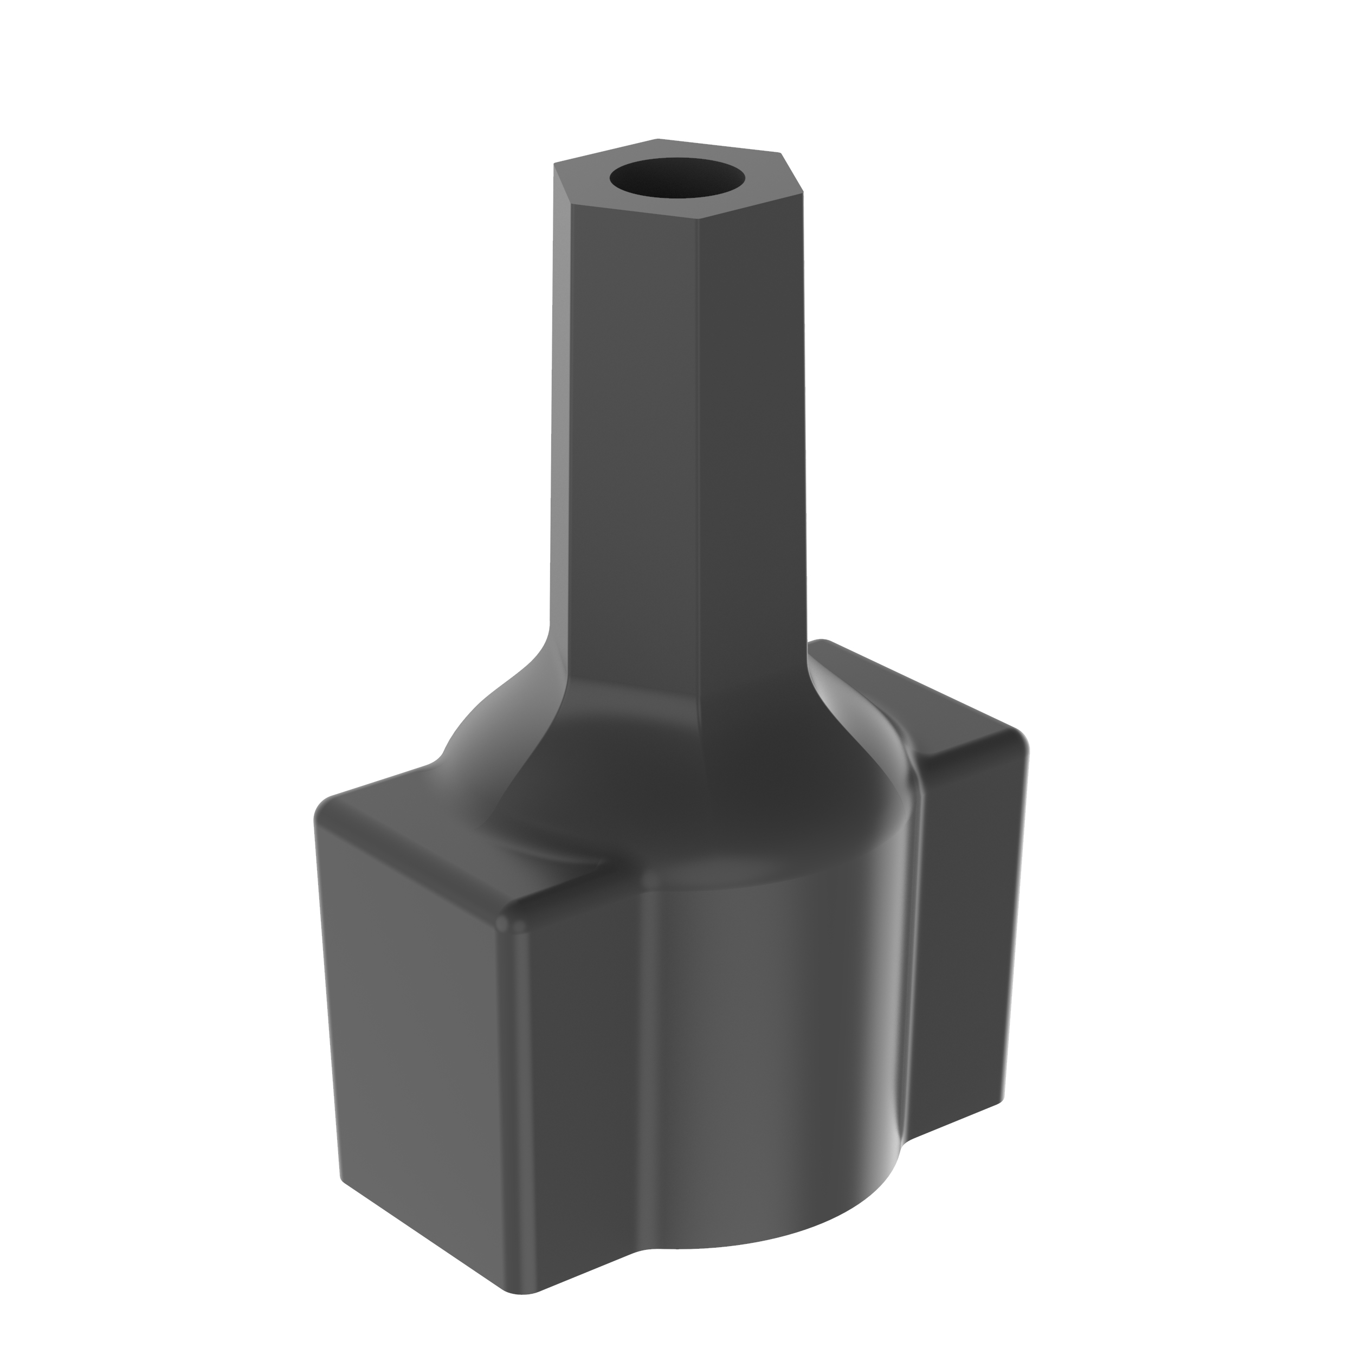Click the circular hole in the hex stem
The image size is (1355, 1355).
click(x=677, y=177)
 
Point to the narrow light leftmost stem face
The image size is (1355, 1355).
click(x=560, y=421)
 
